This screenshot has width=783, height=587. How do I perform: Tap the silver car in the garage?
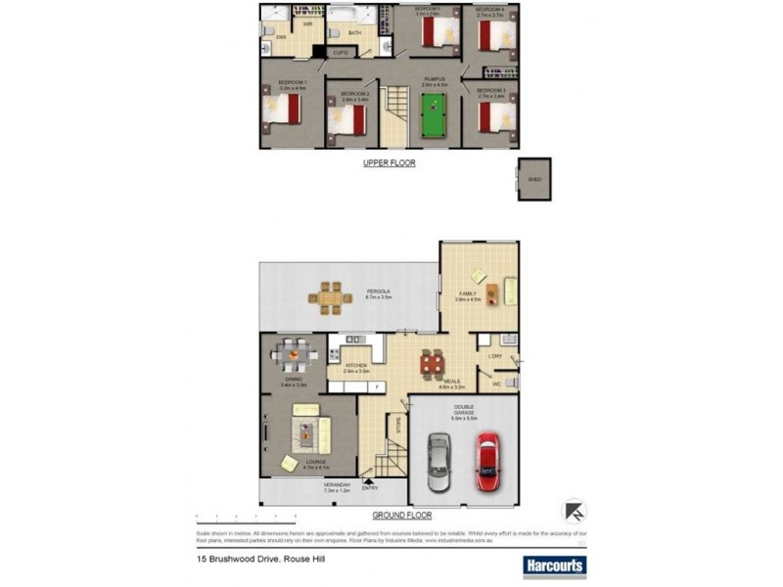pyautogui.click(x=439, y=464)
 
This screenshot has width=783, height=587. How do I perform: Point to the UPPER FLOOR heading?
pyautogui.click(x=390, y=163)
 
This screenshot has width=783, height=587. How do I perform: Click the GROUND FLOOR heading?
pyautogui.click(x=401, y=515)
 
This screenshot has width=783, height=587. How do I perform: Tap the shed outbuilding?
pyautogui.click(x=533, y=180)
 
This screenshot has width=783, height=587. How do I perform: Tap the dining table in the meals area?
pyautogui.click(x=432, y=365)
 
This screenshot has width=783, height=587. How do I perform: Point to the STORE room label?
pyautogui.click(x=397, y=426)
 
